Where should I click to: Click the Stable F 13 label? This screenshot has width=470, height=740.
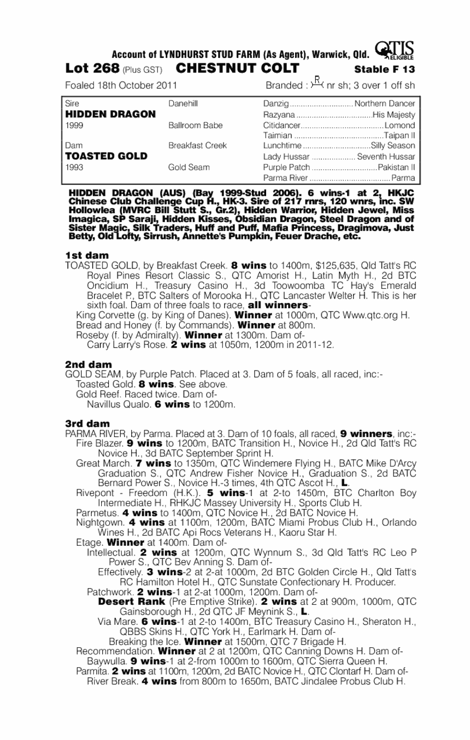point(384,70)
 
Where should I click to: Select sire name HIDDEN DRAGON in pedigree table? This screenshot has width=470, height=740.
point(110,115)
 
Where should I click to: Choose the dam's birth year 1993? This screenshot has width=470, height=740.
point(73,168)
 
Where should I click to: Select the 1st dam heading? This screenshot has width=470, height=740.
point(86,255)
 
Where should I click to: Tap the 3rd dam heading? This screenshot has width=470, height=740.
point(87,423)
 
